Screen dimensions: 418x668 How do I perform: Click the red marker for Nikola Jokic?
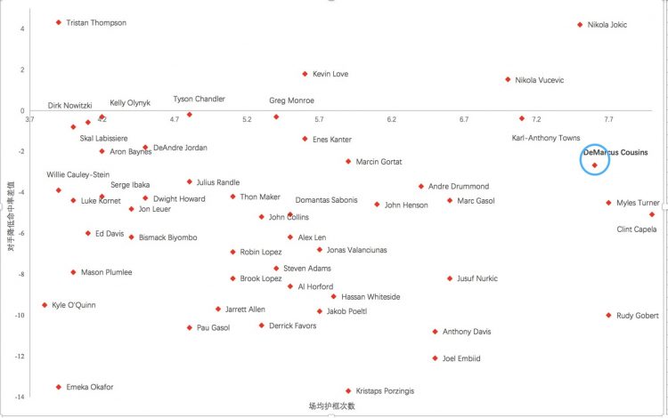pos(580,25)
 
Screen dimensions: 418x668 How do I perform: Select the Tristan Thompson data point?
pos(59,22)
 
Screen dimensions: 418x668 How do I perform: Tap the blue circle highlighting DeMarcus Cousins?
pos(595,160)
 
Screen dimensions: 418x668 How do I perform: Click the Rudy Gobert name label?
pos(638,316)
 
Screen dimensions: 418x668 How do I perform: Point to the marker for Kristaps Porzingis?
pos(348,390)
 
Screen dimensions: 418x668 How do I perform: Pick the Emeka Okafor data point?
pos(59,387)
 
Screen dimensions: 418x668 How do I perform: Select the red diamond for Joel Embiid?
pos(435,358)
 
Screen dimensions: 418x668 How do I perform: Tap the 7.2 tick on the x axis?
pos(536,119)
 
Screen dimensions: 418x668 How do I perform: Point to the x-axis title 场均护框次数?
pos(332,406)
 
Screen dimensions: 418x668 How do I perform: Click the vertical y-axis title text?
pos(10,211)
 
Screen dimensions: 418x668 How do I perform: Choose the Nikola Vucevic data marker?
pos(508,80)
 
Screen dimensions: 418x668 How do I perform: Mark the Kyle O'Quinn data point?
pos(45,305)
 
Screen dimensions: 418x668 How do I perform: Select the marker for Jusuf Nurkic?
pos(450,278)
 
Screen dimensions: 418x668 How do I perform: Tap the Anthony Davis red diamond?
pos(435,332)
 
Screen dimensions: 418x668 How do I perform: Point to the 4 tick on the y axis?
pos(21,28)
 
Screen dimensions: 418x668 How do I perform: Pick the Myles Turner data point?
pos(609,203)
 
